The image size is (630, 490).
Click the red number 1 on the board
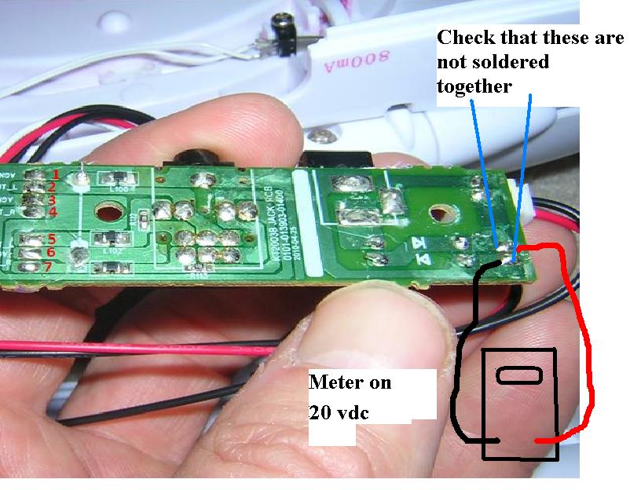click(x=57, y=174)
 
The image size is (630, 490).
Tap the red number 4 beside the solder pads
click(x=53, y=212)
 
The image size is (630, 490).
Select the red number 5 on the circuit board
click(x=52, y=239)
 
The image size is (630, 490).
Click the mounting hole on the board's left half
click(x=106, y=213)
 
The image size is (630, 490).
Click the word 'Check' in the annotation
click(x=464, y=37)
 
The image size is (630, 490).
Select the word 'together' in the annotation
click(x=474, y=86)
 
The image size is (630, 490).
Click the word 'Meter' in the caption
click(x=337, y=383)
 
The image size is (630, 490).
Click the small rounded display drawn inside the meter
click(x=517, y=375)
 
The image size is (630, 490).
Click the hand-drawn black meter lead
click(x=463, y=353)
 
